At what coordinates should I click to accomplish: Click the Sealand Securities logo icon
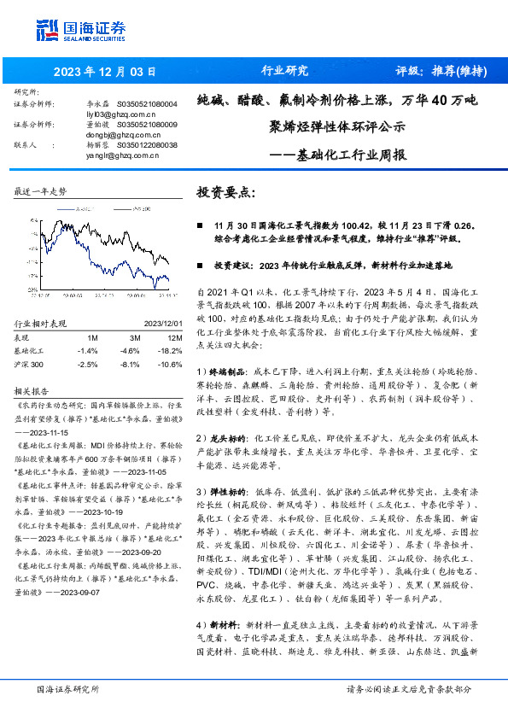click(x=48, y=31)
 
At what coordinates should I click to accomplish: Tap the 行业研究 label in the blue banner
click(x=283, y=71)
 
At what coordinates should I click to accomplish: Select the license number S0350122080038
click(x=146, y=145)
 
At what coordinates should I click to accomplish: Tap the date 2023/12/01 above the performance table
click(x=161, y=324)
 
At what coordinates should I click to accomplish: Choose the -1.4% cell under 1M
click(x=87, y=350)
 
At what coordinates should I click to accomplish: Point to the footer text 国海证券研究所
click(x=67, y=688)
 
